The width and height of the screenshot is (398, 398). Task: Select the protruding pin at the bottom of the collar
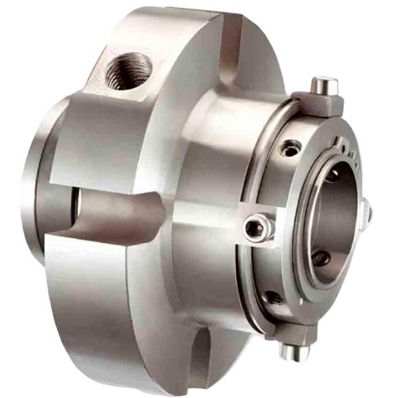(x=292, y=352)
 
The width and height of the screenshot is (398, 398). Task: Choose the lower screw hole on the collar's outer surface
(x=272, y=296)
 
